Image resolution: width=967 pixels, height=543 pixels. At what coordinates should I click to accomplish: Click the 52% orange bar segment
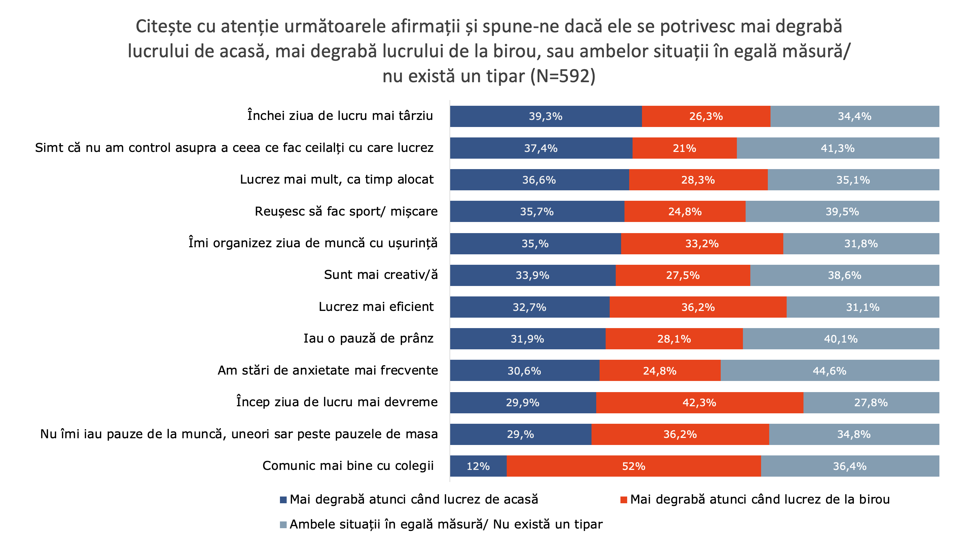(633, 466)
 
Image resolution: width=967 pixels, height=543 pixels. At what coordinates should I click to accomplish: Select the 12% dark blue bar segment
(478, 466)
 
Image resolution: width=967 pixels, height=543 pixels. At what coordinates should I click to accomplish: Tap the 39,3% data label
(545, 117)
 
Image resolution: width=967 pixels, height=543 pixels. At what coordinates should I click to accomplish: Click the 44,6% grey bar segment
(830, 371)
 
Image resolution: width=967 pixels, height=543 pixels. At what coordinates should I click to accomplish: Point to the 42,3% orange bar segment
(699, 403)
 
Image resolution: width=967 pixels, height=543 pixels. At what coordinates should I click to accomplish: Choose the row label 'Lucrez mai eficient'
(376, 307)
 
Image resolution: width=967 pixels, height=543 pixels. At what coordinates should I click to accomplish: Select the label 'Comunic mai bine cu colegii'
(348, 466)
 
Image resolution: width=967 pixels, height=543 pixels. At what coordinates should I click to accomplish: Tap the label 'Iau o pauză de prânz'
(369, 339)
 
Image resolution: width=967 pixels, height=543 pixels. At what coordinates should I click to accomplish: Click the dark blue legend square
(283, 500)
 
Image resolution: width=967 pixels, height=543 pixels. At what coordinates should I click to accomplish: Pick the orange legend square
(623, 500)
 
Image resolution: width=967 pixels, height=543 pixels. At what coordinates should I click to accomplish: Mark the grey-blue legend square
(283, 524)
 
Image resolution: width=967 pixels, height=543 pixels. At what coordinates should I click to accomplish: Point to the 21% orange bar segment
(684, 148)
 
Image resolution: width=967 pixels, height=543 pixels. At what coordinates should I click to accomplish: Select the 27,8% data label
(871, 403)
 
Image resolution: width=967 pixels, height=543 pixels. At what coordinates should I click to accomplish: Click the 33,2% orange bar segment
(702, 244)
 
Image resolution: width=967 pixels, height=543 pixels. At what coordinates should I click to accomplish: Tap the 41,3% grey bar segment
(837, 148)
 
